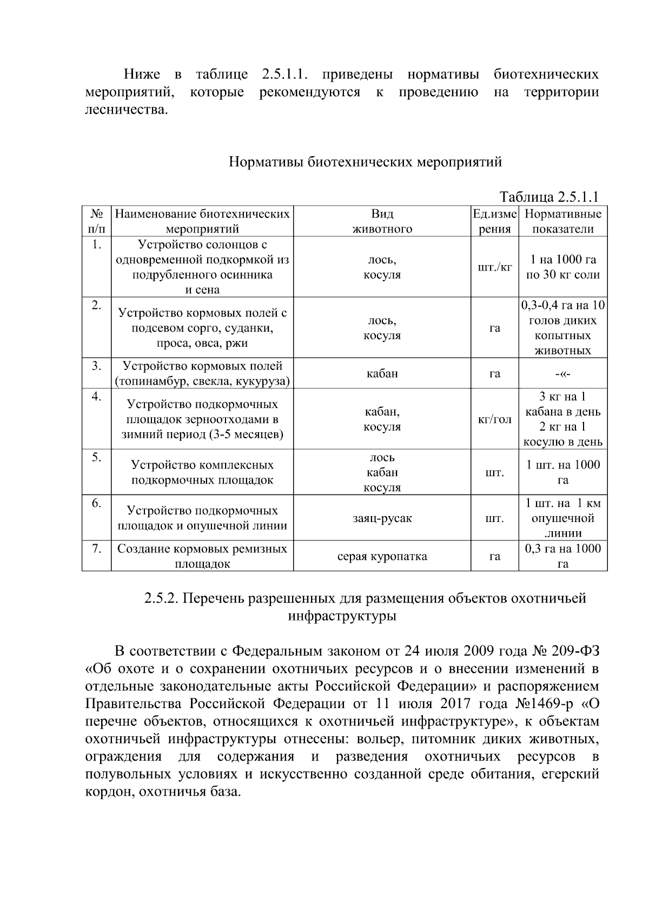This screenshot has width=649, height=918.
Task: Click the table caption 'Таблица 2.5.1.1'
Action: (x=548, y=196)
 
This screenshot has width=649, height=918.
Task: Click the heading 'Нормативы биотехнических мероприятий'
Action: (x=366, y=162)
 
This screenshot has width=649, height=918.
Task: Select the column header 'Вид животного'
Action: (x=382, y=221)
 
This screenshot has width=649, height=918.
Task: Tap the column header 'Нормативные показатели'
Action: (x=562, y=221)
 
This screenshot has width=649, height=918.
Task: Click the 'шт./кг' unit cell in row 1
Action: (x=494, y=267)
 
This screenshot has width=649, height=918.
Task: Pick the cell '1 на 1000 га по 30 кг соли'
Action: (x=562, y=267)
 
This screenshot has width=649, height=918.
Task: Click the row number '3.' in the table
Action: (x=96, y=366)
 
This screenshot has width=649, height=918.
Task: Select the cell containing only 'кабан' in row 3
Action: (x=382, y=373)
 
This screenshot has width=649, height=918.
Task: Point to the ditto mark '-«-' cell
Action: (x=562, y=374)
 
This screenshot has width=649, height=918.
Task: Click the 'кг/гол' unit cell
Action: (x=494, y=419)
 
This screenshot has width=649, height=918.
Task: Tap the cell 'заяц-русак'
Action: (x=382, y=518)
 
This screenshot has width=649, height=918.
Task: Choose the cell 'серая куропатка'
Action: (x=382, y=556)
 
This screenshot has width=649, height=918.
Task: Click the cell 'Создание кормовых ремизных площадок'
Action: (x=202, y=556)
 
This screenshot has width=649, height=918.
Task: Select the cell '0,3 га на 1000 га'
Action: (x=562, y=556)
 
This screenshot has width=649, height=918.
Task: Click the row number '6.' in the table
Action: (x=96, y=503)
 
